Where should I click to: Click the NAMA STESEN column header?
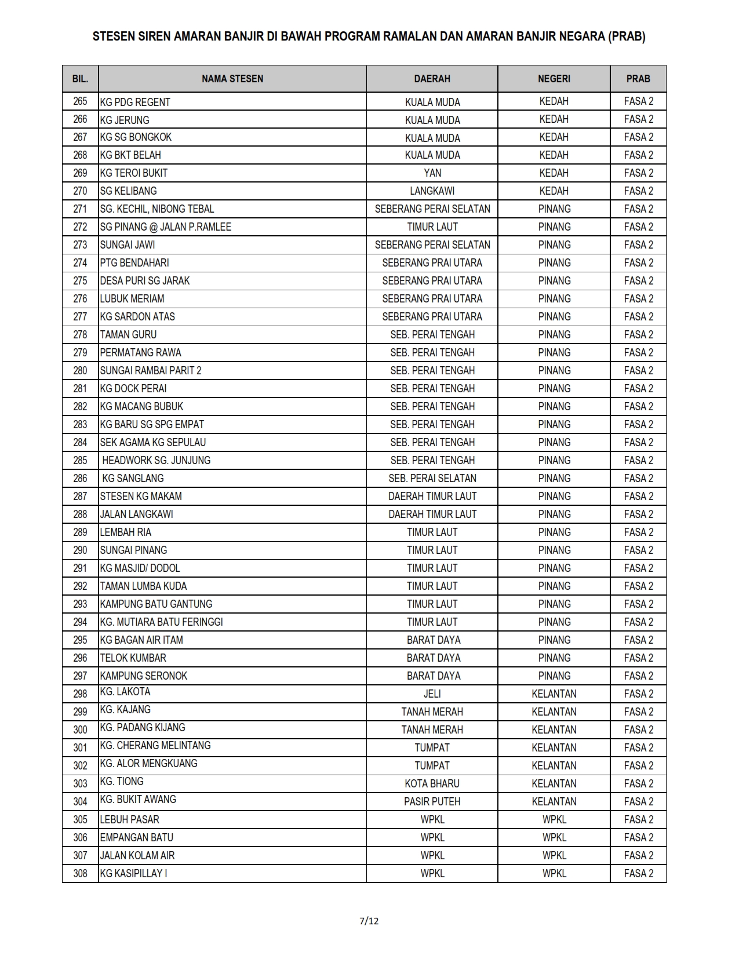(x=232, y=79)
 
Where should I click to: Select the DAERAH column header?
(x=432, y=79)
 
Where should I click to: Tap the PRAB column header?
(x=638, y=79)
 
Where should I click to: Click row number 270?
(x=80, y=191)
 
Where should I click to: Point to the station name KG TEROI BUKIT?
(x=134, y=173)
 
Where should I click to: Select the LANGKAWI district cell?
(x=432, y=191)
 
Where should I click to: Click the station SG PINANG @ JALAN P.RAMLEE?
(x=165, y=227)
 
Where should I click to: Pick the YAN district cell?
(x=432, y=173)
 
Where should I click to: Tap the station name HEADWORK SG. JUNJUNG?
(x=156, y=461)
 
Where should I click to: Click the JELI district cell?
(x=432, y=694)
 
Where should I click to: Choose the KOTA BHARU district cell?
(x=432, y=784)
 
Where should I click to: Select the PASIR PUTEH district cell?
(x=432, y=802)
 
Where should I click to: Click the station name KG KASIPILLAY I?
(x=133, y=874)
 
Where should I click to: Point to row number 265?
(x=80, y=101)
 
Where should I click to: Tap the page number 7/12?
(x=369, y=921)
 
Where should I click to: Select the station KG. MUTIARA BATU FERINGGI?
(x=161, y=622)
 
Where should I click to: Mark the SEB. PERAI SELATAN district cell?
(x=432, y=479)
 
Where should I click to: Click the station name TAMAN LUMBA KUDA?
(x=143, y=586)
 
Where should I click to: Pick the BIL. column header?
(x=80, y=79)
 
